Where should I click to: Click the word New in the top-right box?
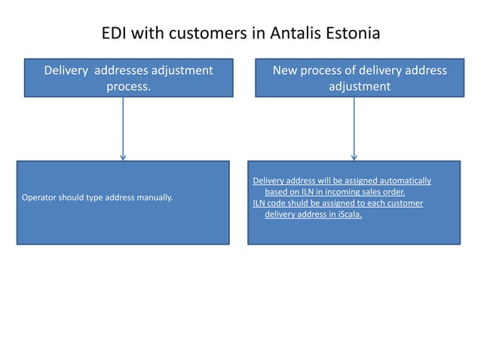pos(287,71)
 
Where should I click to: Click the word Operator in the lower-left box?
pos(42,198)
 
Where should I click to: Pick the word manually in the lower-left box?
pos(154,198)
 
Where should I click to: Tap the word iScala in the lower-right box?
pos(349,215)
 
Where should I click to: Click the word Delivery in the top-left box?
pos(67,71)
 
